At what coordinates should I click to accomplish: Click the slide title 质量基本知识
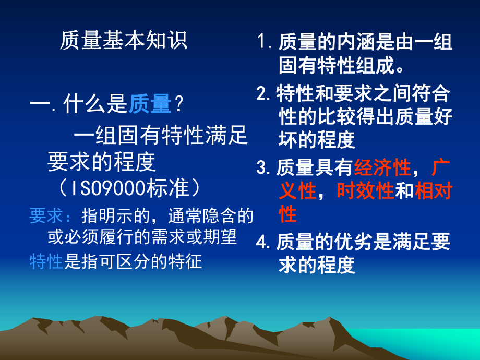(x=123, y=41)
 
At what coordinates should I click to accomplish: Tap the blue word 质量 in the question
(x=150, y=104)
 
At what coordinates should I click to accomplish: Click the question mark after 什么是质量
(x=178, y=104)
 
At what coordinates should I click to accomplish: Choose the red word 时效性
(x=365, y=191)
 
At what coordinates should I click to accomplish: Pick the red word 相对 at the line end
(x=433, y=191)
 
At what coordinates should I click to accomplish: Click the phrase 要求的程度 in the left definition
(x=102, y=162)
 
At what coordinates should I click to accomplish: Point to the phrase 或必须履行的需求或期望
(x=142, y=237)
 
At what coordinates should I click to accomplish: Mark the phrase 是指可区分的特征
(x=133, y=261)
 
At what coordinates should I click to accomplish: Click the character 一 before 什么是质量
(x=40, y=104)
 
